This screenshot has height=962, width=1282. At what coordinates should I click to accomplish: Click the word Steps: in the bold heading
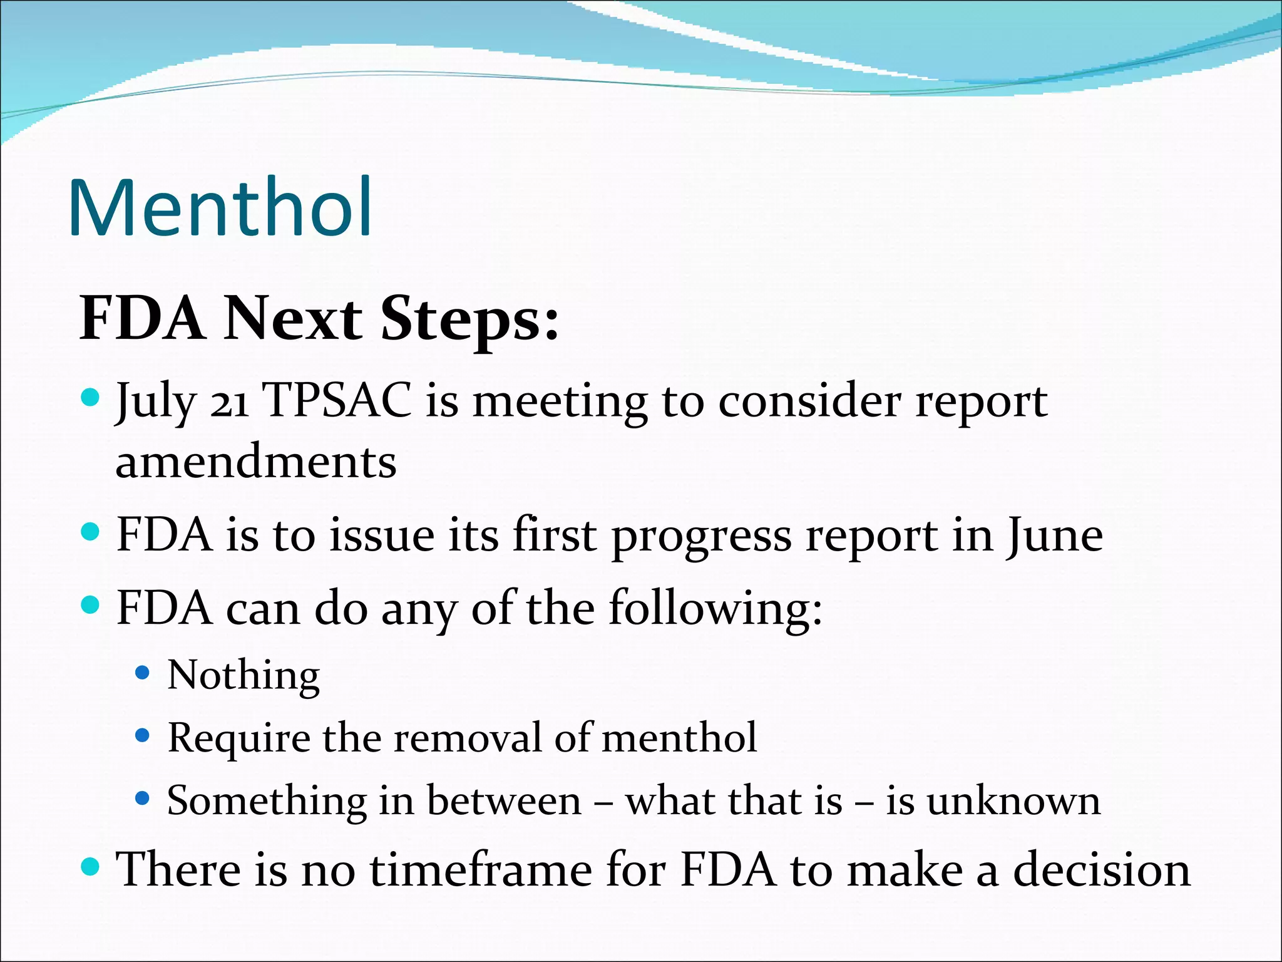point(469,319)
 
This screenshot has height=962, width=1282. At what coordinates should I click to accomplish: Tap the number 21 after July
point(229,402)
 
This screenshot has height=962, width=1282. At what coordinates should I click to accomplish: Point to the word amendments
point(256,462)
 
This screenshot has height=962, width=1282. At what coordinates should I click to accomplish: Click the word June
point(1055,536)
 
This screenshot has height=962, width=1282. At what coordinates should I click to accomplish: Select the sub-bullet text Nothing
point(244,675)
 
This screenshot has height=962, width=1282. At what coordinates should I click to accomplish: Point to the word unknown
point(1013,801)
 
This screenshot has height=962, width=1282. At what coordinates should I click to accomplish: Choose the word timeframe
point(481,871)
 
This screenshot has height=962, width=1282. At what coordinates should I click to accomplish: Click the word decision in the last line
point(1102,871)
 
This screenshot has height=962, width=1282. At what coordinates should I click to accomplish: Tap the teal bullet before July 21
point(91,397)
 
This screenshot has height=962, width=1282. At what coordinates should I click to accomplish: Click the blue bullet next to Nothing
point(143,673)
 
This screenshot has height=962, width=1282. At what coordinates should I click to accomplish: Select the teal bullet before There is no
point(91,867)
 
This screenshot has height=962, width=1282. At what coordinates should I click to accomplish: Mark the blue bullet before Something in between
point(143,799)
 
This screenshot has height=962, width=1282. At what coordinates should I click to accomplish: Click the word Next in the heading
point(293,319)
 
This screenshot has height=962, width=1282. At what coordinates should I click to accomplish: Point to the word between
point(504,801)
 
